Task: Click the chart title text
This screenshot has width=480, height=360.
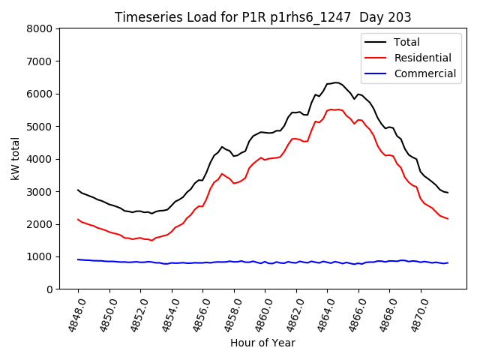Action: [x=263, y=16]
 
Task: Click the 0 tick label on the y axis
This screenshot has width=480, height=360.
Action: [x=49, y=289]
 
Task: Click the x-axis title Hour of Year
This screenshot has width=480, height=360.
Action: [x=262, y=343]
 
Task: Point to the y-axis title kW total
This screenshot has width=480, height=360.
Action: [x=14, y=158]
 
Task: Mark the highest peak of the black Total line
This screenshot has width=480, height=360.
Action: [x=336, y=82]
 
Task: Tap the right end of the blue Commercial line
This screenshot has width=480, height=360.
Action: [x=448, y=262]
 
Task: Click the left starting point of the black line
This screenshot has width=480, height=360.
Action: [x=78, y=190]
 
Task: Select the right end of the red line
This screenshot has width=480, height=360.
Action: [x=448, y=219]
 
